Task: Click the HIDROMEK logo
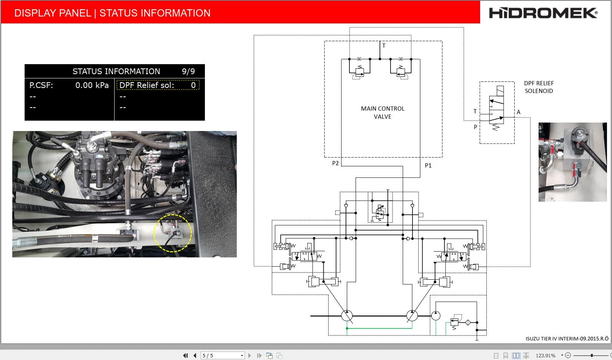point(543,13)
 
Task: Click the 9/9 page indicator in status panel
point(188,71)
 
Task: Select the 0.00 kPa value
point(92,85)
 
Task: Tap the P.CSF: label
point(41,85)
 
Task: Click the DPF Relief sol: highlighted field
point(158,85)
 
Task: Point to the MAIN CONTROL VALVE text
point(382,113)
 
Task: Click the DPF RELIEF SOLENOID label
point(539,87)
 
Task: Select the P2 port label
point(335,163)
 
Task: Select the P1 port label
point(428,166)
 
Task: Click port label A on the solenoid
point(518,112)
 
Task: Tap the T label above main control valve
point(384,45)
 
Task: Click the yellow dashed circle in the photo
point(173,233)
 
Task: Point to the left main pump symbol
point(347,316)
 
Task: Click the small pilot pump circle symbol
point(436,316)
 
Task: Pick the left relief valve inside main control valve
point(359,71)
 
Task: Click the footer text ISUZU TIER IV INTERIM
point(567,339)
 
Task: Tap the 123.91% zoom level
point(545,356)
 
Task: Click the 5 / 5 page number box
point(223,355)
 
